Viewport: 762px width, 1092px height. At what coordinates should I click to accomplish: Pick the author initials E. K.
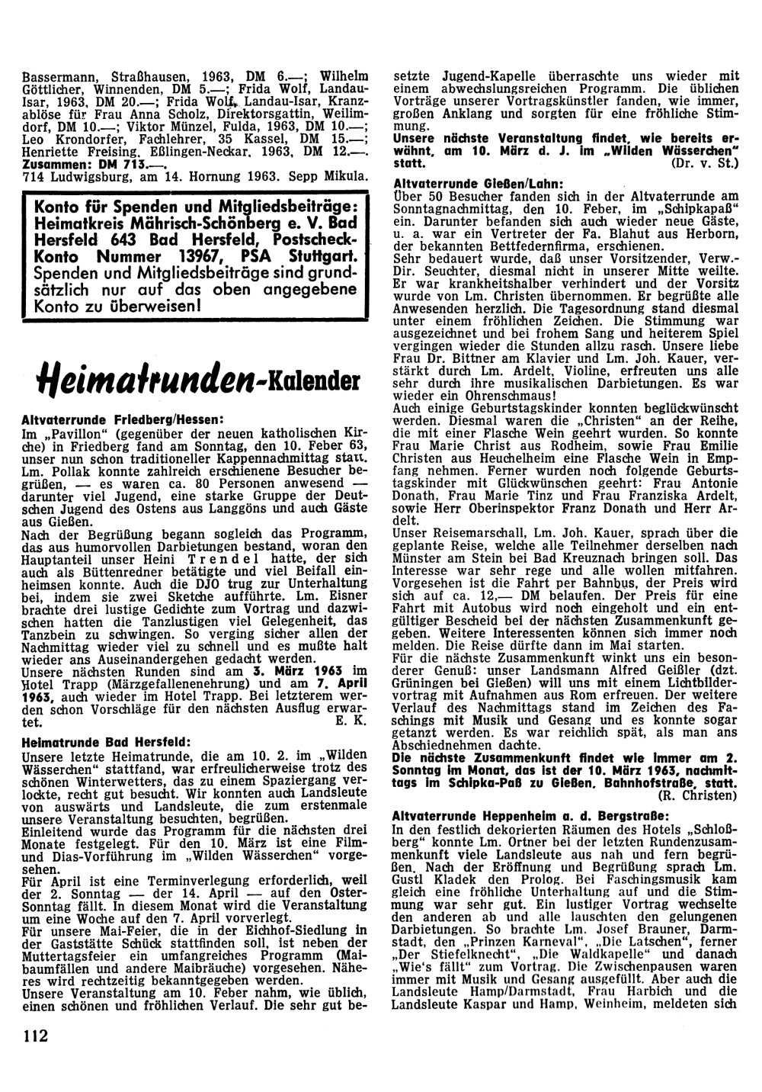click(x=352, y=720)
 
